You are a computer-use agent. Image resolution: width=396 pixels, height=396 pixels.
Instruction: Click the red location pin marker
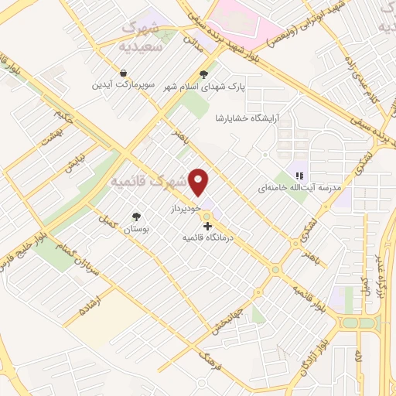[200, 182]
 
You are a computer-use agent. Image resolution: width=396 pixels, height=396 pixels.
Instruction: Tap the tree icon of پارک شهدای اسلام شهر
[203, 75]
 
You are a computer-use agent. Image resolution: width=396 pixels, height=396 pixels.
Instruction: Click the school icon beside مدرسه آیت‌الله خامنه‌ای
[299, 176]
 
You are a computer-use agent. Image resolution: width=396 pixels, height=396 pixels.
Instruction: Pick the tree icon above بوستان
[136, 218]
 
